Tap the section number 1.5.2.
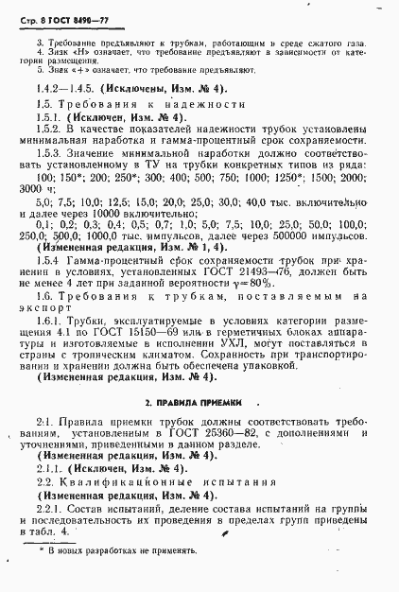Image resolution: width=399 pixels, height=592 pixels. pyautogui.click(x=50, y=128)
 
